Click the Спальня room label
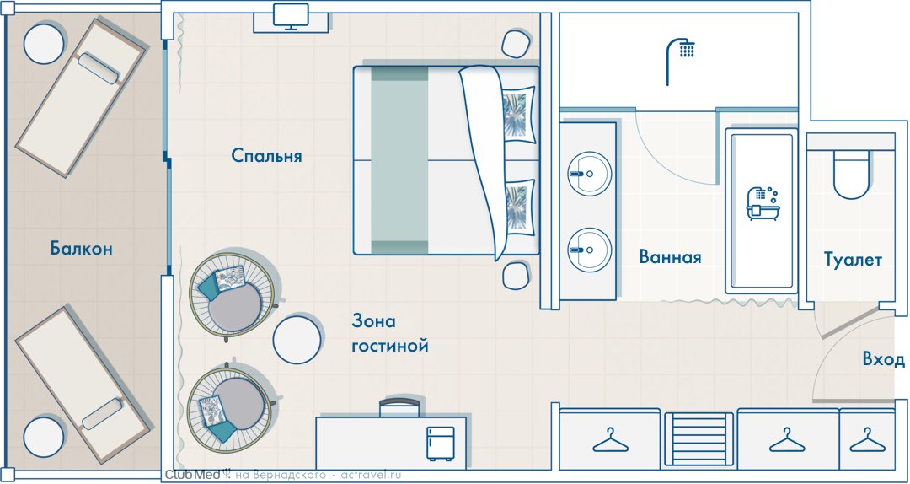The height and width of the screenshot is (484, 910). (266, 156)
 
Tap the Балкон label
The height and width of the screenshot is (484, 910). (81, 249)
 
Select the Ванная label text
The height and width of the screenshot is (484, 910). (671, 256)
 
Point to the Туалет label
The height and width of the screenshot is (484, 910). (853, 260)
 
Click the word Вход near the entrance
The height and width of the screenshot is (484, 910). (883, 360)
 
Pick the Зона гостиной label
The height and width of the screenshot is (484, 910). (390, 334)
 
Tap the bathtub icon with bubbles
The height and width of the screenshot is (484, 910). (763, 203)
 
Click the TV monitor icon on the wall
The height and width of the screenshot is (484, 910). (291, 16)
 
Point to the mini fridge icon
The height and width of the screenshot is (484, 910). (440, 444)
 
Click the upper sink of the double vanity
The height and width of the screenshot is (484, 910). (588, 174)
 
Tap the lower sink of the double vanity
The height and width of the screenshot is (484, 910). (588, 250)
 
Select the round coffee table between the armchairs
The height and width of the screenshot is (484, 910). (297, 340)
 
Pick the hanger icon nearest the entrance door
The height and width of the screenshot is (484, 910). (868, 440)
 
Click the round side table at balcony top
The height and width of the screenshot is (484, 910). (44, 44)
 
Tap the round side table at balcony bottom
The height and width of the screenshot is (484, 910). (44, 437)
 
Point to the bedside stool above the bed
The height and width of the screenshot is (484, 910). (516, 44)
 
